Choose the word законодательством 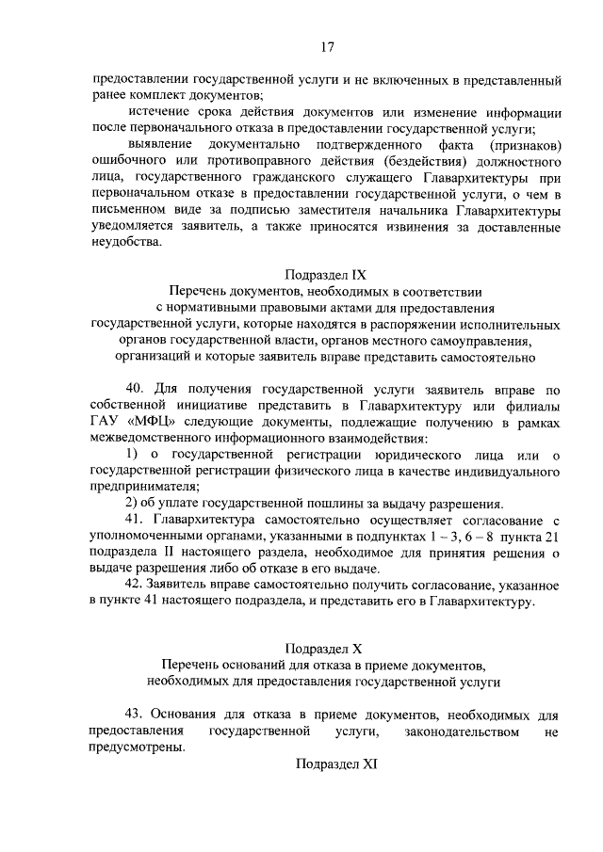(461, 731)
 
